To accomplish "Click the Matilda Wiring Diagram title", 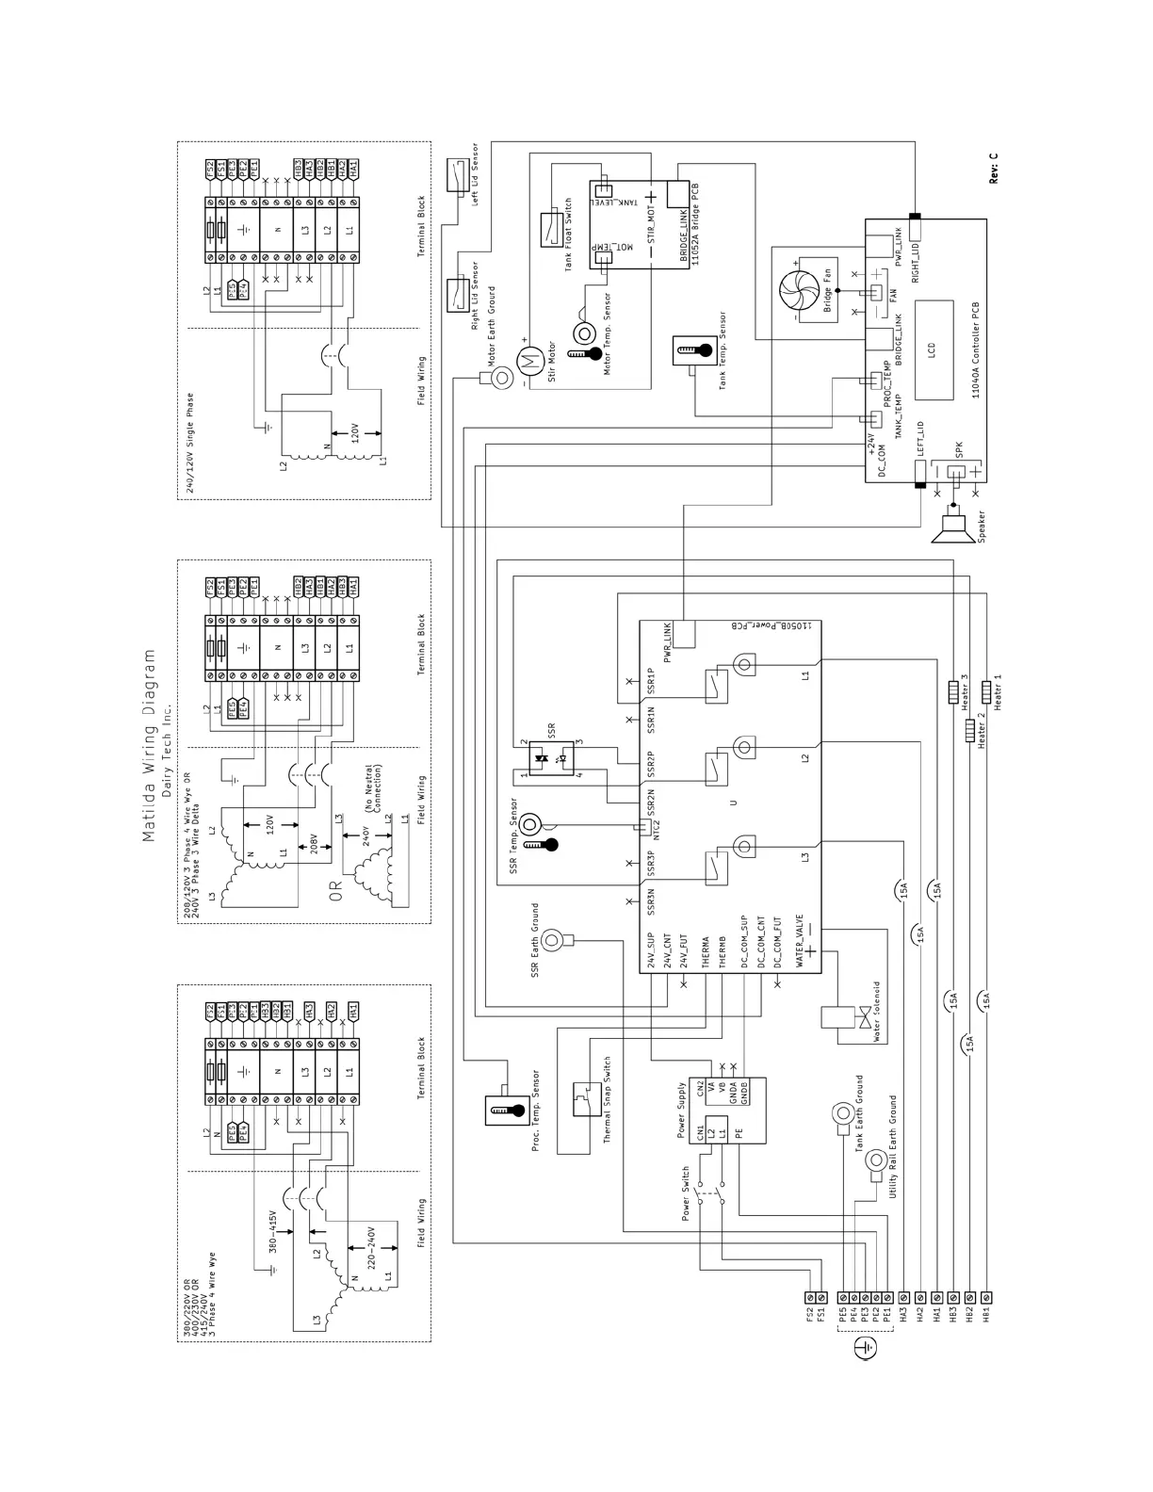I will coord(149,745).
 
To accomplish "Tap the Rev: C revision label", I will coord(994,168).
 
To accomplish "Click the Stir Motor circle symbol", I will coord(528,357).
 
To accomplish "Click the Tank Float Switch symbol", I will coord(551,229).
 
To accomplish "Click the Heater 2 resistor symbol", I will coord(969,730).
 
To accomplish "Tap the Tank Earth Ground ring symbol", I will coord(841,1114).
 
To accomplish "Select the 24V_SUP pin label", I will coord(650,952).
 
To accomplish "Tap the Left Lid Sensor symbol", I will coord(458,173).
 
